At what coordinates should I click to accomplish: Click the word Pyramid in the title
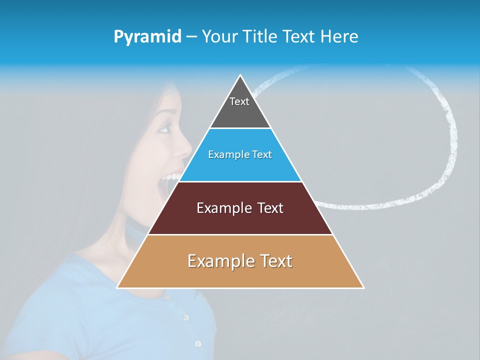[147, 37]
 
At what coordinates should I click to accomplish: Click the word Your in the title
[219, 36]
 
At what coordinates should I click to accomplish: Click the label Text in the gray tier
[239, 101]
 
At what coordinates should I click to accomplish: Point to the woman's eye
[164, 128]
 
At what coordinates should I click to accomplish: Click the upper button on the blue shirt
[185, 317]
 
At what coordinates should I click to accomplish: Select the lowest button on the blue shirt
[198, 343]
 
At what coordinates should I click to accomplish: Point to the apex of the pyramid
[240, 76]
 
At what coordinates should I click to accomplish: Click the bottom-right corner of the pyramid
[363, 287]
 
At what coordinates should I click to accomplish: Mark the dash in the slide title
[191, 37]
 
